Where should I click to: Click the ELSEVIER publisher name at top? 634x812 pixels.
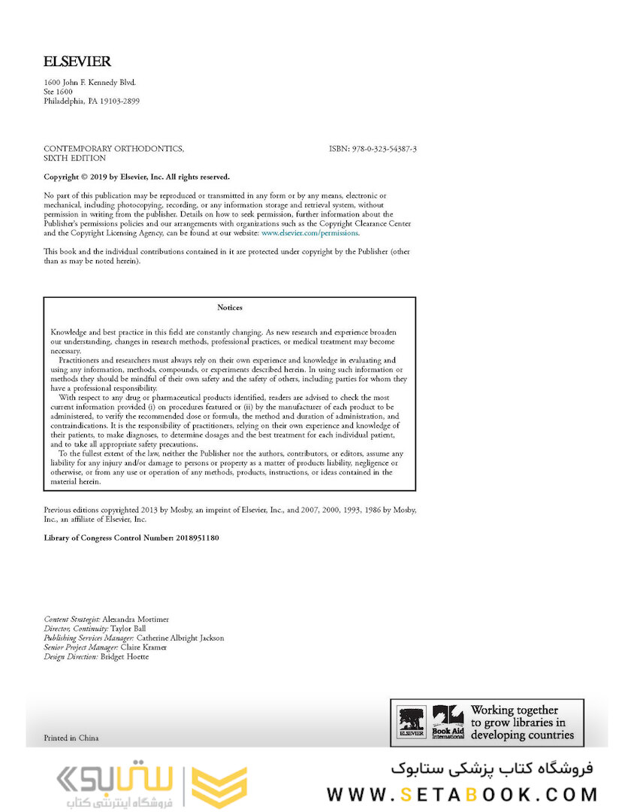(77, 62)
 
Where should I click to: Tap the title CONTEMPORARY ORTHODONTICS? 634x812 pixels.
(113, 150)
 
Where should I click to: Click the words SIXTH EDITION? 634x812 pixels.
(75, 159)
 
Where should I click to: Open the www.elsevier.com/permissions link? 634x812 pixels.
(310, 233)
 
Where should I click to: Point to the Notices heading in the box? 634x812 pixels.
(230, 308)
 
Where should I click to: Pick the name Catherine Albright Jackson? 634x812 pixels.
(180, 638)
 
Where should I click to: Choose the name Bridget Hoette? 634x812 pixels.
(125, 657)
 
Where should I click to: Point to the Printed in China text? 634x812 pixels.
(71, 738)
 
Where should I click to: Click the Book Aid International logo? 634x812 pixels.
(448, 723)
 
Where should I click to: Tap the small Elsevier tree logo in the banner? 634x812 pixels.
(412, 723)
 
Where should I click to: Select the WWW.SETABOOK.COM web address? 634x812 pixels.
(462, 795)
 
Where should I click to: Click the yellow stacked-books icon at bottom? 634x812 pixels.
(219, 787)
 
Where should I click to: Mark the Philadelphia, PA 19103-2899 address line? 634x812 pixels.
(92, 101)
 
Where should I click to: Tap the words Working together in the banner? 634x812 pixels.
(515, 710)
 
